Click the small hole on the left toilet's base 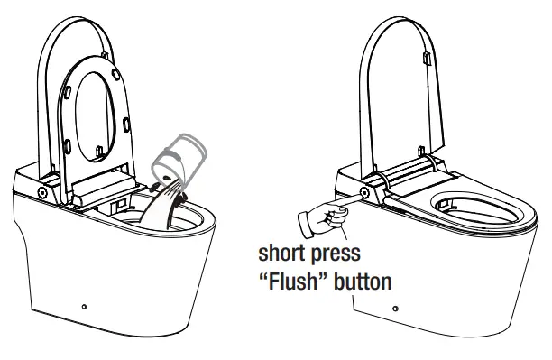[x=85, y=308]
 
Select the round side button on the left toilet [x=42, y=193]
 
